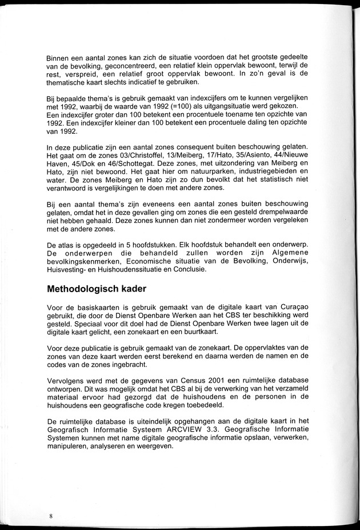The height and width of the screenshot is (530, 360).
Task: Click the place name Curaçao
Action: pos(290,309)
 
